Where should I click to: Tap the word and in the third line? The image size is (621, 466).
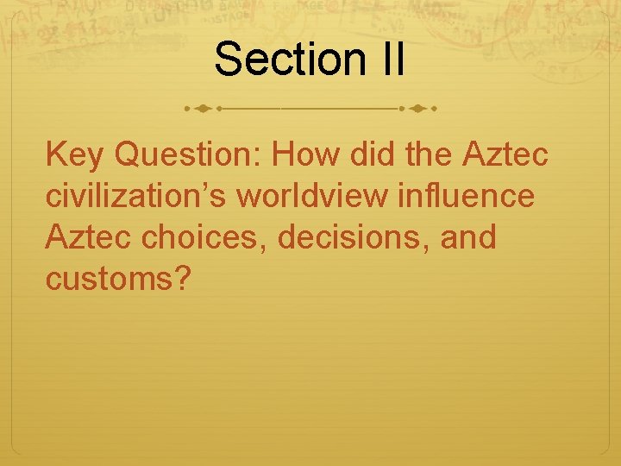coord(469,235)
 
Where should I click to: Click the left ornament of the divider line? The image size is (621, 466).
coord(203,110)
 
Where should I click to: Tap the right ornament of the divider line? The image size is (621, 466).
coord(417,110)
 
